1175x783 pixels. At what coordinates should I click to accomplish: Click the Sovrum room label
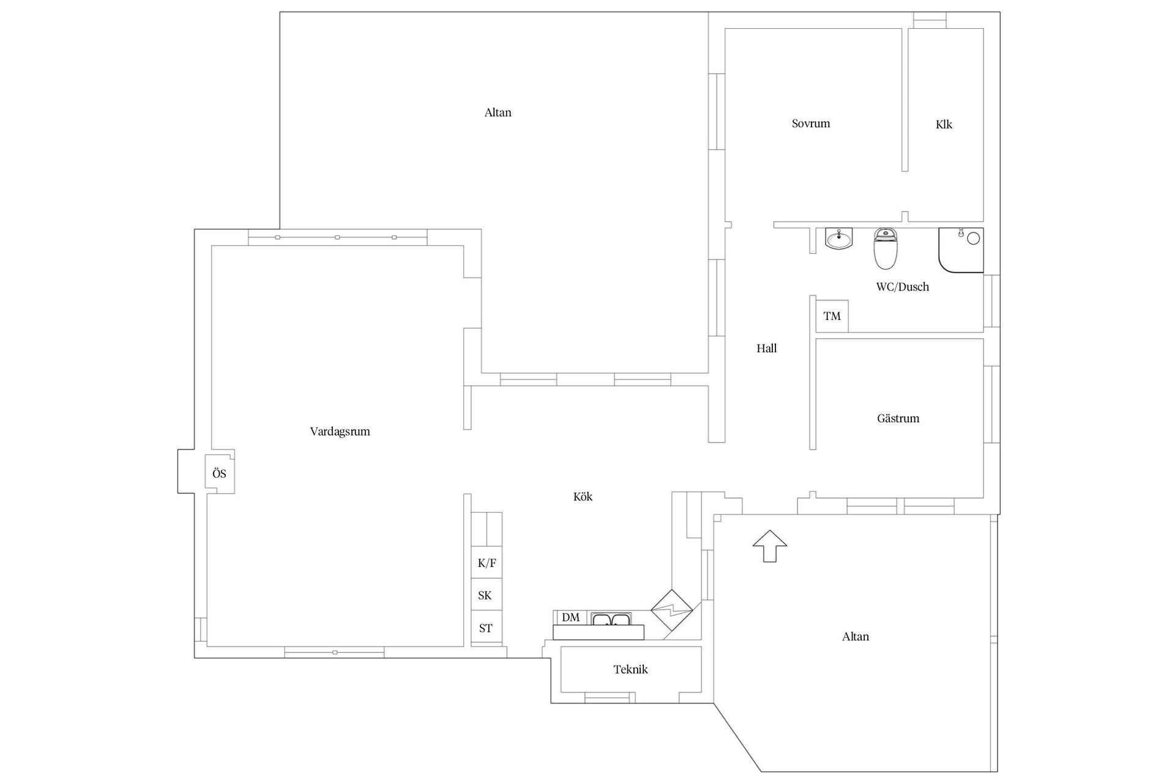pos(811,124)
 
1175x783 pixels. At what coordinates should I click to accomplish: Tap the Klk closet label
pos(944,124)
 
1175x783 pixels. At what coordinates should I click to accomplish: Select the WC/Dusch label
pos(903,287)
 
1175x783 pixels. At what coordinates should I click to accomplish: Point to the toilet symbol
pos(885,249)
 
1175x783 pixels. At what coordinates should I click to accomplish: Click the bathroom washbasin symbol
pos(838,239)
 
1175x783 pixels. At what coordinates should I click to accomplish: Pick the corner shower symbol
pos(961,250)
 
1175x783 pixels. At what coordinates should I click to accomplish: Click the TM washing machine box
pos(832,316)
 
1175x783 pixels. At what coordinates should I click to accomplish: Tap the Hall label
pos(767,349)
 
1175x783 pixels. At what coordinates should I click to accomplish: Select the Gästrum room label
pos(898,418)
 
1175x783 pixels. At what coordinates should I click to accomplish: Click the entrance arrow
pos(770,546)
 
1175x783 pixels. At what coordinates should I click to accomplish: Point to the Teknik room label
pos(630,669)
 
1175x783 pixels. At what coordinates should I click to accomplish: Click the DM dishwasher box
pos(570,617)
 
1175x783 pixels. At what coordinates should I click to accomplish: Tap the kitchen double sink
pos(611,619)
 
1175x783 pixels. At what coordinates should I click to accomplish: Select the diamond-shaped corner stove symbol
pos(671,610)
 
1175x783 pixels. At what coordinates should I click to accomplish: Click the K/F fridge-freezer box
pos(487,562)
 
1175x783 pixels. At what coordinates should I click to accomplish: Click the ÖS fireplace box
pos(220,473)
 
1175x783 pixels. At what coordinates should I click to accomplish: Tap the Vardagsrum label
pos(340,431)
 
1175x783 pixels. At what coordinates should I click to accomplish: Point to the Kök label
pos(583,497)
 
